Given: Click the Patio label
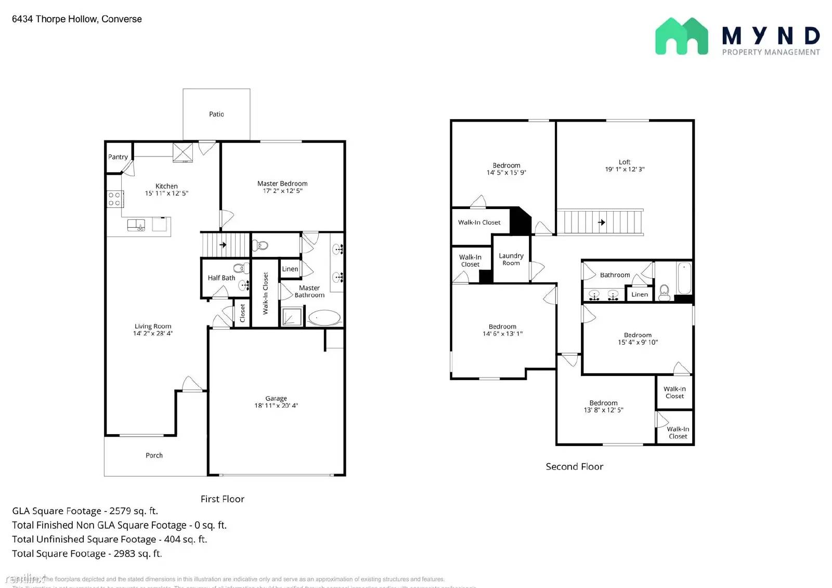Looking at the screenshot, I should (x=216, y=114).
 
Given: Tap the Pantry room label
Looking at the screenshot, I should (x=118, y=157).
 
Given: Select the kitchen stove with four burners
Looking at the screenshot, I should (x=114, y=199).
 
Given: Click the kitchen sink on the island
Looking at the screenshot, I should (x=136, y=225).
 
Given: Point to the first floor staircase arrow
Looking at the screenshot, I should (x=223, y=244).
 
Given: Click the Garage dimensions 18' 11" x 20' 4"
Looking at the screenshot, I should (x=276, y=406).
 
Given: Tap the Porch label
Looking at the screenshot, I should (x=154, y=455).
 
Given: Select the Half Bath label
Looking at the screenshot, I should (x=221, y=278).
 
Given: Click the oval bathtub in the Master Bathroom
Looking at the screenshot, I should (x=324, y=317).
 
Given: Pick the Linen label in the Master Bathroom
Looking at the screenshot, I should (x=290, y=269).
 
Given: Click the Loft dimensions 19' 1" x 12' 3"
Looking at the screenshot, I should (x=625, y=169).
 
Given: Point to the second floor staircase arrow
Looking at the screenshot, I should (x=602, y=223).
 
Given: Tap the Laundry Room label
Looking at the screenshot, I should (x=511, y=259).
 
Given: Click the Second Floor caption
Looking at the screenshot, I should (x=574, y=467).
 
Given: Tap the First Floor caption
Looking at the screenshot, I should (x=222, y=499).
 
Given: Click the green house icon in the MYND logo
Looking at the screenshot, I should (x=681, y=36).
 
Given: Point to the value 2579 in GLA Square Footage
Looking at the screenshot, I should (x=120, y=511).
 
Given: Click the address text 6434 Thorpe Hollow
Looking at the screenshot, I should (x=55, y=19).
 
